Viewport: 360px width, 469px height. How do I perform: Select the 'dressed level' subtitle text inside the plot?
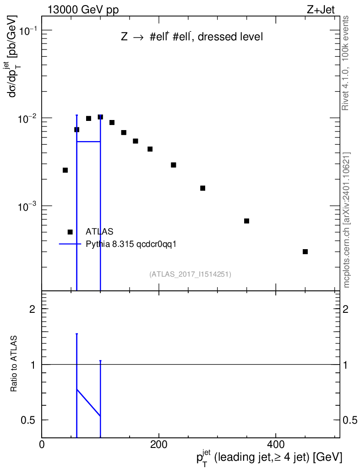235,38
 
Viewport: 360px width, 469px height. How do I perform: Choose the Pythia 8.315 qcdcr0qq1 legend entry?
131,244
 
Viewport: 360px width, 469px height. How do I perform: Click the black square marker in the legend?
70,232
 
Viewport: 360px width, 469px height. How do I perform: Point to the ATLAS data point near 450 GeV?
305,251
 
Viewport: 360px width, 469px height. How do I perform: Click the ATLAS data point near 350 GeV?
246,221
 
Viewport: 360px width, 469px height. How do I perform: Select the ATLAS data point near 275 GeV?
202,188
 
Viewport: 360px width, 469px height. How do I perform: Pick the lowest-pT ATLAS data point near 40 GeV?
65,170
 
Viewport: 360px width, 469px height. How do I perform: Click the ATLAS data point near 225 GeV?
174,165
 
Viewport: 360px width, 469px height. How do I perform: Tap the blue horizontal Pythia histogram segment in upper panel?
88,142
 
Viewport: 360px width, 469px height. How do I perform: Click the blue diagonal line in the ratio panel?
88,403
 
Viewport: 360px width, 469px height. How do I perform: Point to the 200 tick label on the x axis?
158,444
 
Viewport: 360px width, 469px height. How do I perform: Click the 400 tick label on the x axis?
276,444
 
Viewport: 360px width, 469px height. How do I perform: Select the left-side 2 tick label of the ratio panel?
33,309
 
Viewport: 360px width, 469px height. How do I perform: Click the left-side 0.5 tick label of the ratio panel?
29,420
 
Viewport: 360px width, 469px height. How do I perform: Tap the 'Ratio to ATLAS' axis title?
14,365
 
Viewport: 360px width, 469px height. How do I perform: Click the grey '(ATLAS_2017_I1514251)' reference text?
190,274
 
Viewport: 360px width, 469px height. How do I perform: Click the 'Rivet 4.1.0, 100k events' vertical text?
346,63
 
